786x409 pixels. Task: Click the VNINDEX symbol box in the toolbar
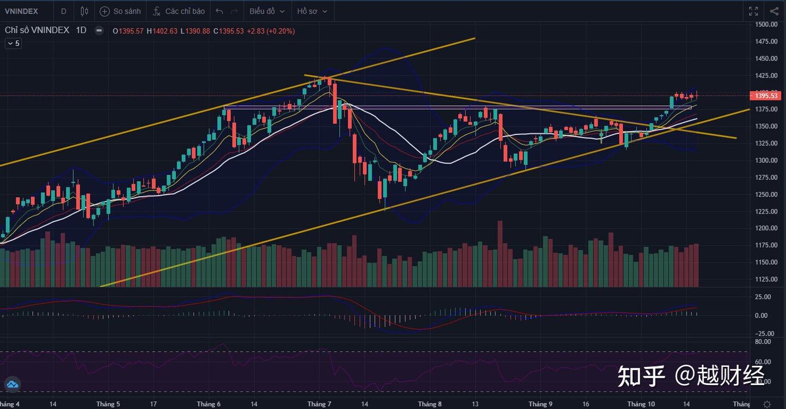(22, 11)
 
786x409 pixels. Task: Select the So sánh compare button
(121, 11)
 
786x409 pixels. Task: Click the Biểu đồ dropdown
(267, 11)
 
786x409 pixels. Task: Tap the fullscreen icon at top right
(753, 11)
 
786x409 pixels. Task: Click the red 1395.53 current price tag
(766, 96)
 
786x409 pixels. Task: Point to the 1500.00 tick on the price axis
(766, 25)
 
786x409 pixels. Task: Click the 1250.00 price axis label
(766, 194)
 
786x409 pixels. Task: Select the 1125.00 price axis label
(766, 279)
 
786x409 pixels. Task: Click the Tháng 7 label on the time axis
(319, 404)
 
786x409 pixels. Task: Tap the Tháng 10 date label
(641, 404)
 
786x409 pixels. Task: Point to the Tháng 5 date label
(108, 404)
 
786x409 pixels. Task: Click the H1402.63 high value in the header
(162, 31)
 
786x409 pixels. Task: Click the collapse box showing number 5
(14, 43)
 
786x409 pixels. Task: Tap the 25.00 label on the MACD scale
(763, 297)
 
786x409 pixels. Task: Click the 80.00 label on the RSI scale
(763, 342)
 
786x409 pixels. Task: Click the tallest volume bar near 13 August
(499, 254)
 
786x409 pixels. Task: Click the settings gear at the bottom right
(767, 404)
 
